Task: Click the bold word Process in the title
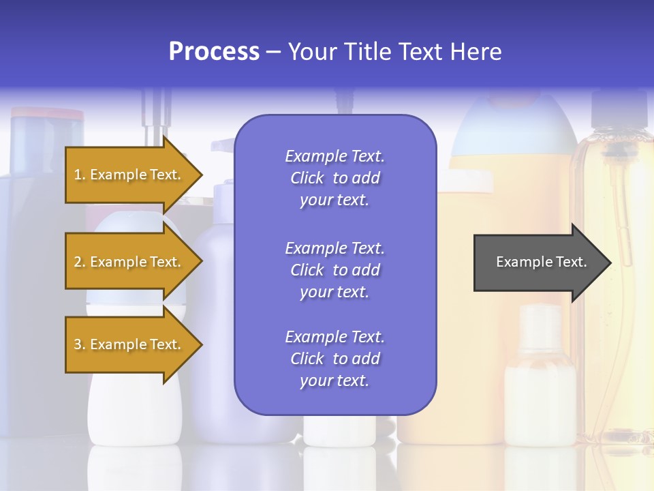[214, 52]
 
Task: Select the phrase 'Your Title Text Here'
[395, 52]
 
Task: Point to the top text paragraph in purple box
[334, 178]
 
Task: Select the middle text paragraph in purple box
[334, 270]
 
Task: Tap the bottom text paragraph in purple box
[334, 359]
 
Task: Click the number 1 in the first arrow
[77, 175]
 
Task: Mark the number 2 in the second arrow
[77, 262]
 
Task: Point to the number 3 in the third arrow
[77, 344]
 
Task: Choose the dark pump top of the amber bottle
[617, 109]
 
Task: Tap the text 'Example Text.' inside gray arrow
[542, 262]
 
